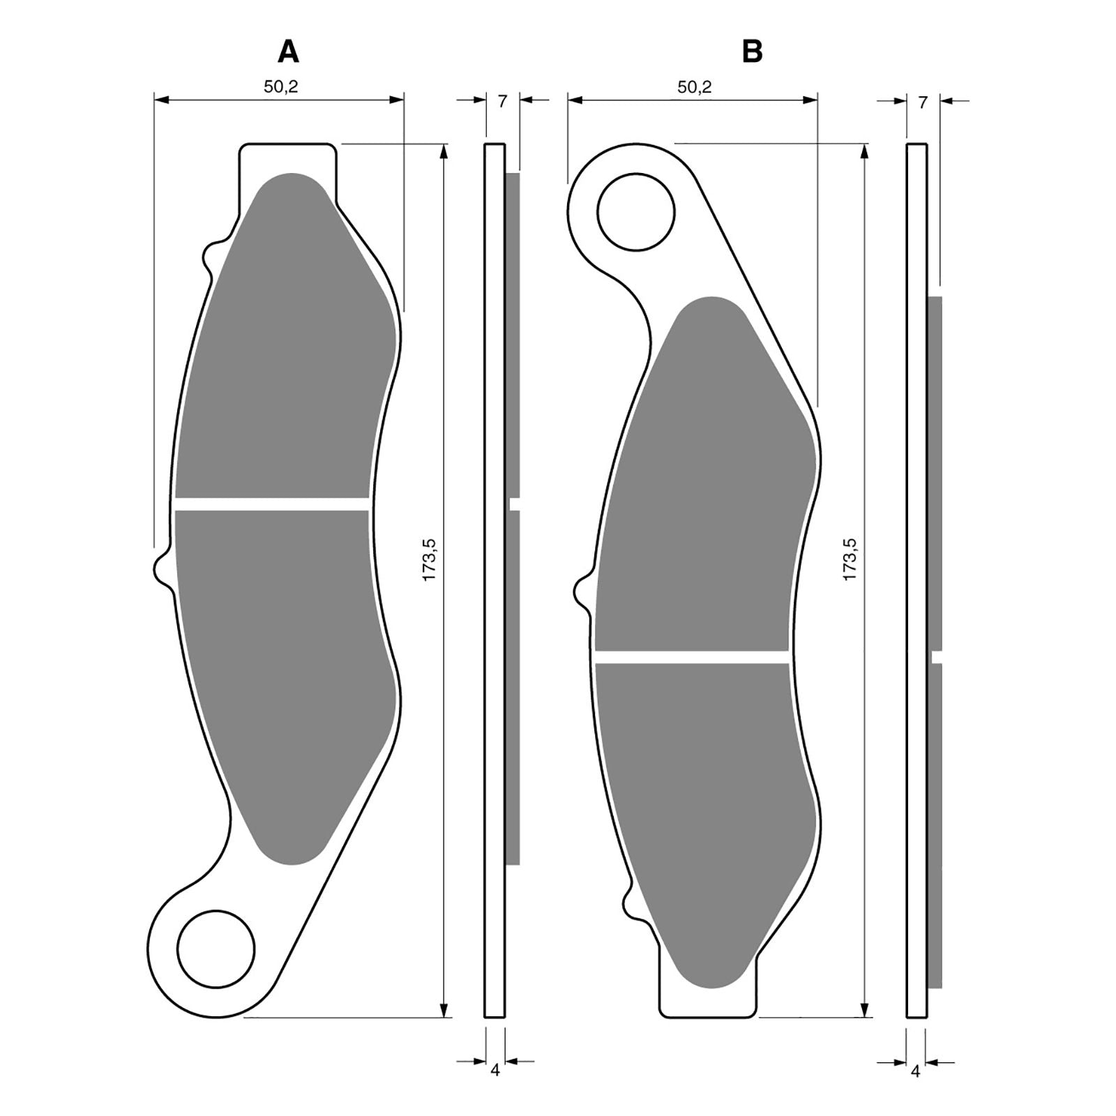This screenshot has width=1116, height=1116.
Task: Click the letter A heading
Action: point(288,52)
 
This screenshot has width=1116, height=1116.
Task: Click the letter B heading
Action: point(752,52)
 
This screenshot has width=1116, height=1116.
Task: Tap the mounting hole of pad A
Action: point(216,949)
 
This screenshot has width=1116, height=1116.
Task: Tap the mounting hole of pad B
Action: point(635,212)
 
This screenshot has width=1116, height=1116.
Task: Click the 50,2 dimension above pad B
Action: point(695,86)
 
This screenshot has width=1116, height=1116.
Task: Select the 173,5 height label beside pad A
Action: point(429,559)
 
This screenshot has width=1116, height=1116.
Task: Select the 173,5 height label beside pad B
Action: point(850,559)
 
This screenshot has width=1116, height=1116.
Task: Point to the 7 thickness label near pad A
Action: point(502,102)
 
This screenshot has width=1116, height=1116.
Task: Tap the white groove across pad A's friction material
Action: point(272,504)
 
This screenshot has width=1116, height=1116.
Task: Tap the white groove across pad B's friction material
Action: point(691,656)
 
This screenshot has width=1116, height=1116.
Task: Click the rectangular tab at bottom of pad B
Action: point(707,1002)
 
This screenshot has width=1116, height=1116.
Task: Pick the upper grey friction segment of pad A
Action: point(286,349)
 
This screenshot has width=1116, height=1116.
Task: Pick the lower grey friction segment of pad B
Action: point(704,802)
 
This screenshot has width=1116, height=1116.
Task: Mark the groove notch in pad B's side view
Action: point(937,656)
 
